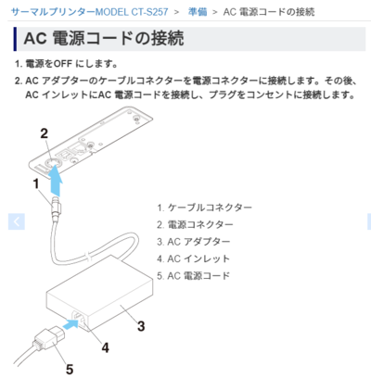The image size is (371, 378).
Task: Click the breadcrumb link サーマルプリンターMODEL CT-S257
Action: [90, 12]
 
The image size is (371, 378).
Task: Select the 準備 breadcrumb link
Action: [198, 12]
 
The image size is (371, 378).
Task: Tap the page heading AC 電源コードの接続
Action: [104, 39]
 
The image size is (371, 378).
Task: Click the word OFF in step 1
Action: [63, 64]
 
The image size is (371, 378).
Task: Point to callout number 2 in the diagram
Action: [45, 133]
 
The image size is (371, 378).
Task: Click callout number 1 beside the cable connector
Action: [36, 183]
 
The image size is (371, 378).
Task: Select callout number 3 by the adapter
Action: [141, 326]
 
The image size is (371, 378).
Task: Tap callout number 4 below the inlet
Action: [106, 347]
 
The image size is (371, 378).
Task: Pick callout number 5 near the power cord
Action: [70, 370]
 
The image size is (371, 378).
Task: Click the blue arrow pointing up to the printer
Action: [56, 181]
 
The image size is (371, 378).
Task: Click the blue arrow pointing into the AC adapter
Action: [70, 325]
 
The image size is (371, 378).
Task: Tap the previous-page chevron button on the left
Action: [17, 221]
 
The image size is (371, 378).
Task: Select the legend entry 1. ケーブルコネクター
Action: [204, 208]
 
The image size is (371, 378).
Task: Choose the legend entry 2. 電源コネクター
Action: [195, 224]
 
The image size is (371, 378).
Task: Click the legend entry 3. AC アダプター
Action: [193, 242]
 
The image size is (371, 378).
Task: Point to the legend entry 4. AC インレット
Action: [193, 258]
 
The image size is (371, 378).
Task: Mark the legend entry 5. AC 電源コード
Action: [193, 275]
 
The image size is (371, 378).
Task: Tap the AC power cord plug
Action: [48, 339]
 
